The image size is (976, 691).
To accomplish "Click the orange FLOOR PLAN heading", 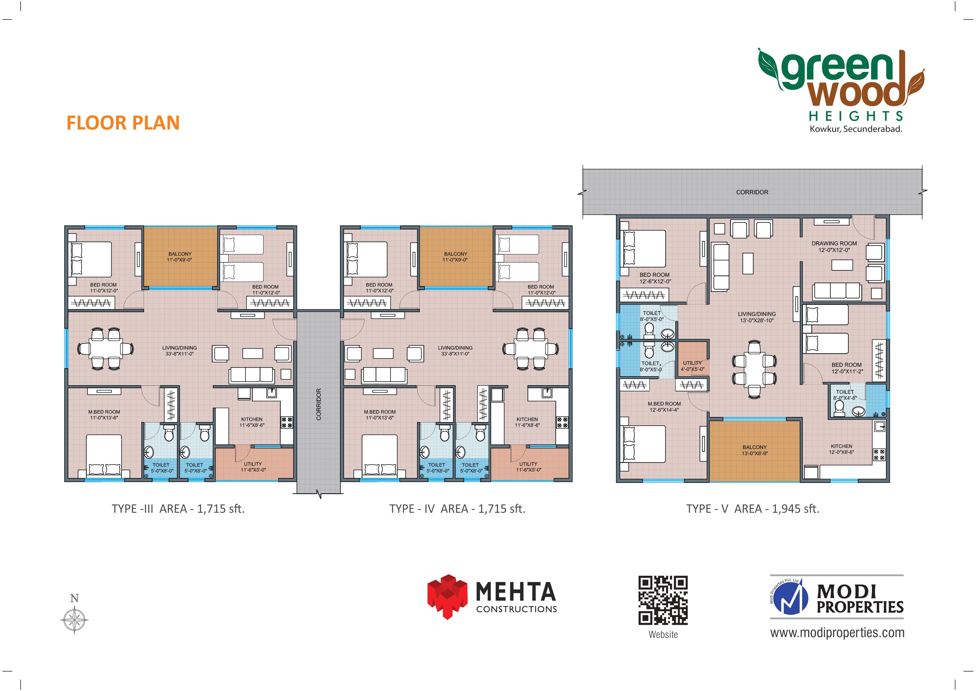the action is click(x=123, y=123).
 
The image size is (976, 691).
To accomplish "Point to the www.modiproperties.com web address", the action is click(x=837, y=633).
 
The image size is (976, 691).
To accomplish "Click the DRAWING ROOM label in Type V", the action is click(x=834, y=247).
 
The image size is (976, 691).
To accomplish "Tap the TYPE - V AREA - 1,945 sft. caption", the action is click(x=752, y=509).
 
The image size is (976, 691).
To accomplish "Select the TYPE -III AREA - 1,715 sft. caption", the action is click(x=178, y=509).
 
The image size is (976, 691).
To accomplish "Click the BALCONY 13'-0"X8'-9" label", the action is click(x=755, y=450).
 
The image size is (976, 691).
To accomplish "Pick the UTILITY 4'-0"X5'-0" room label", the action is click(x=692, y=366).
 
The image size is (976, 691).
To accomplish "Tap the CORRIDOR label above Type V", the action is click(x=752, y=192).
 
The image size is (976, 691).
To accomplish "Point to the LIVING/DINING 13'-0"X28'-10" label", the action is click(x=757, y=317).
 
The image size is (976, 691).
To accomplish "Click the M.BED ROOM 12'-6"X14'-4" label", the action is click(x=664, y=407).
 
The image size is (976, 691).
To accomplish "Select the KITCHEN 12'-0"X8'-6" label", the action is click(x=841, y=449).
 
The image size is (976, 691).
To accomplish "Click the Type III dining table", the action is click(x=105, y=348).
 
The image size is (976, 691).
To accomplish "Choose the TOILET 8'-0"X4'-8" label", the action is click(x=845, y=395).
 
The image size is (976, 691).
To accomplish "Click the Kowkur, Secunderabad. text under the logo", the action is click(x=856, y=129).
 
